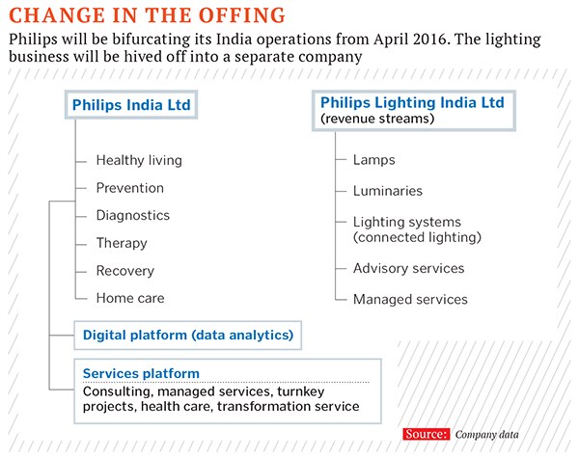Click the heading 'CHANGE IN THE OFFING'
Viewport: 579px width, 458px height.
147,15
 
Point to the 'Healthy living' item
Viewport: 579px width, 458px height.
139,160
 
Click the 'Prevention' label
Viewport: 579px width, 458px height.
129,188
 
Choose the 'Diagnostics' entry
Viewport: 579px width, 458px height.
132,215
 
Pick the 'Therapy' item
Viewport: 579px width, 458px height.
122,243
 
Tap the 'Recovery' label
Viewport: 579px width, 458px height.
124,271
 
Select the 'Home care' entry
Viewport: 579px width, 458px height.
129,298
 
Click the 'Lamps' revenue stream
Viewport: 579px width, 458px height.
373,160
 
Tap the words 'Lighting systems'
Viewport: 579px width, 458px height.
406,222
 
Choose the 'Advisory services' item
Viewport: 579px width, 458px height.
408,268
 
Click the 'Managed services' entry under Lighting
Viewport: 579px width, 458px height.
410,299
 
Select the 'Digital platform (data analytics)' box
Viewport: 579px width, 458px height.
187,336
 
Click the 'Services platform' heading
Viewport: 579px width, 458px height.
141,373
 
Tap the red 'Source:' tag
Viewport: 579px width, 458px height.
426,434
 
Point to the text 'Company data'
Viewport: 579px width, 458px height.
489,435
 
